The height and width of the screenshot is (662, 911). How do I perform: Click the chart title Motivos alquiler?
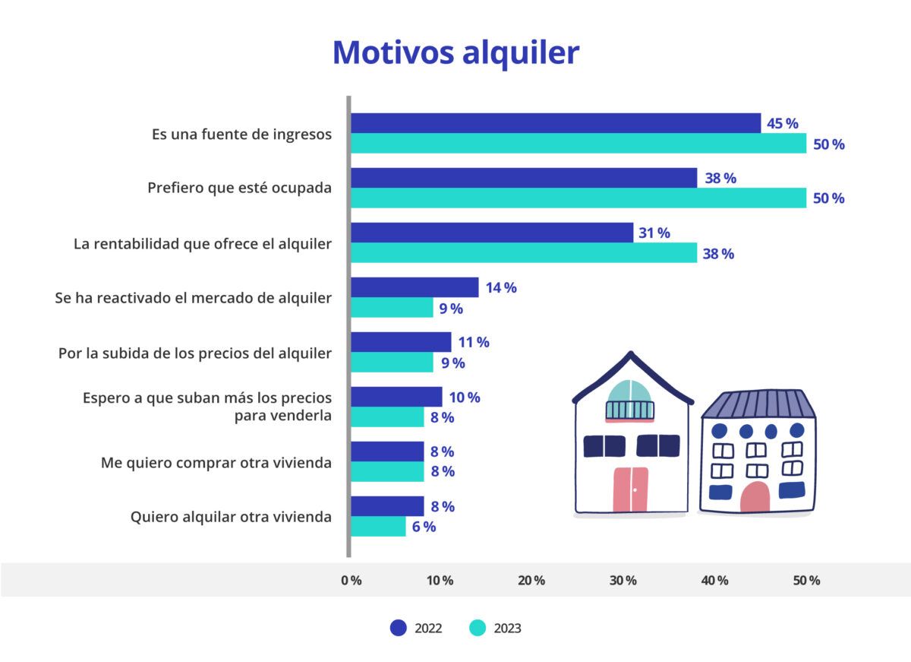click(455, 52)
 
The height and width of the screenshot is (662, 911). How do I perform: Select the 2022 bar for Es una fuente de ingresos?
click(555, 123)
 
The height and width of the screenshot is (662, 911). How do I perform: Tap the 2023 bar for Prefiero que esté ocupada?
click(578, 198)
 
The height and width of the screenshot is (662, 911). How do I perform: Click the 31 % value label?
click(654, 233)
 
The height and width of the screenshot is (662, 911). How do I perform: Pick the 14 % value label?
click(501, 288)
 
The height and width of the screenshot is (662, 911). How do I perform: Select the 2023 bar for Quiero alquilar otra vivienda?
click(378, 527)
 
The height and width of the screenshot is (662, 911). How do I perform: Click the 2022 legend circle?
click(399, 628)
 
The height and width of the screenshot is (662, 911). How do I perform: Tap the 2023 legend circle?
click(477, 628)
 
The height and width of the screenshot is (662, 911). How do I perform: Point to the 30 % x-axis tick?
click(623, 581)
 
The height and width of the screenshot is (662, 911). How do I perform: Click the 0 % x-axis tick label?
click(351, 581)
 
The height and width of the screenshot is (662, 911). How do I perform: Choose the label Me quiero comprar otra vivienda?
click(216, 462)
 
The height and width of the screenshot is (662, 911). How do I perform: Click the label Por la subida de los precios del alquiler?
click(195, 353)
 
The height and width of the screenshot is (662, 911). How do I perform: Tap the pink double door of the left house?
click(630, 489)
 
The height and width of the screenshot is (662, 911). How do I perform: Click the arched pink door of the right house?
click(755, 497)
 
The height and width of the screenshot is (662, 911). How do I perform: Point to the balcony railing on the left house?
click(629, 410)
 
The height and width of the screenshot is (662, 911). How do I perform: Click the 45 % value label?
click(782, 124)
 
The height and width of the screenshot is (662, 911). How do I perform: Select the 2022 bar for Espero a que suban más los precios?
click(396, 397)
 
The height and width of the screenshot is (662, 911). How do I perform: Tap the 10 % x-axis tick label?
click(440, 581)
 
